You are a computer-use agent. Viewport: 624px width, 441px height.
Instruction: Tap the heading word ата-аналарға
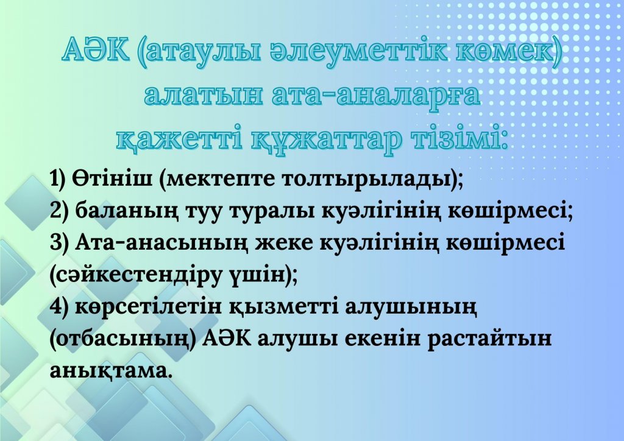click(376, 96)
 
